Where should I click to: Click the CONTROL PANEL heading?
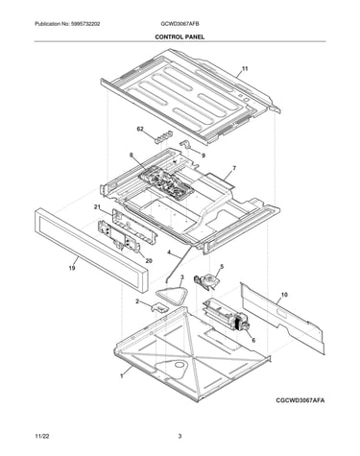point(180,36)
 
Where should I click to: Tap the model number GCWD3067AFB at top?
point(180,24)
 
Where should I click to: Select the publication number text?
point(67,24)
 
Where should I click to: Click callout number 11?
point(245,68)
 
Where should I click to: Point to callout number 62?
point(140,129)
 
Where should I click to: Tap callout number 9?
point(204,156)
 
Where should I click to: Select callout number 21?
point(97,207)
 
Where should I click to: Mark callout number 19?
point(72,268)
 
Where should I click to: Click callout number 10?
point(284,295)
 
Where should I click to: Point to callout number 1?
point(122,376)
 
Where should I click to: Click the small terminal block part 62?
point(163,136)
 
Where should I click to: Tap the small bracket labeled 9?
point(185,144)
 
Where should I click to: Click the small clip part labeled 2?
point(160,307)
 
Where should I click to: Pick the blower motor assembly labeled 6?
point(226,316)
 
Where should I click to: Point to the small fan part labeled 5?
point(206,281)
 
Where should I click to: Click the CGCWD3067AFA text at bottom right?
point(300,400)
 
